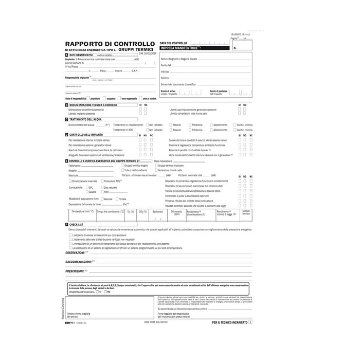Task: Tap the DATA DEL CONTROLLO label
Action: (173, 43)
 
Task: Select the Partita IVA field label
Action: (167, 66)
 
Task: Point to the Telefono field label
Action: (165, 78)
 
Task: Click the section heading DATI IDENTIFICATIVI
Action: (81, 55)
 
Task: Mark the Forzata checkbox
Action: (117, 199)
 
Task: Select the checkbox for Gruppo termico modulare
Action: (155, 166)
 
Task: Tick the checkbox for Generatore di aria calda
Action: (155, 170)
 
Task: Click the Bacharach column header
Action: (158, 211)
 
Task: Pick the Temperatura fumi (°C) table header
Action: (82, 211)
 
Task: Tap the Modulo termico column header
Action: (246, 212)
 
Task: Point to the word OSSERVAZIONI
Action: (75, 253)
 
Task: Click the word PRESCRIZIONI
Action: (75, 271)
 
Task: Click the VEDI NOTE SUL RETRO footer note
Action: (155, 321)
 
